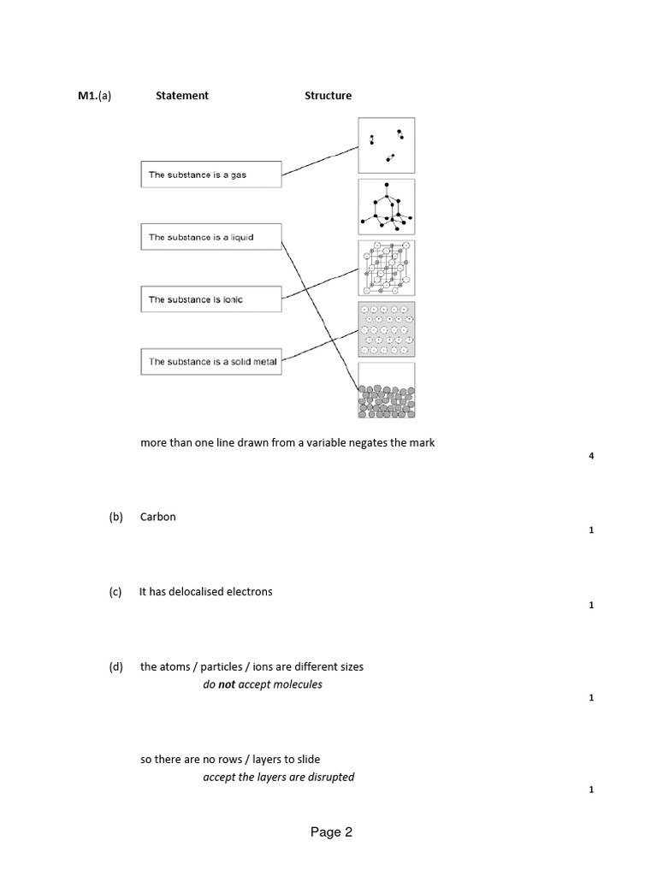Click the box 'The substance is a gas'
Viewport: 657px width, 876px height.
(x=210, y=175)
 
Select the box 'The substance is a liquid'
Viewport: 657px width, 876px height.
(x=210, y=237)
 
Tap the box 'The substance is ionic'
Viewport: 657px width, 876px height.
(x=210, y=299)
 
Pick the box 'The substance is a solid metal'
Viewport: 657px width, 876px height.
(x=210, y=362)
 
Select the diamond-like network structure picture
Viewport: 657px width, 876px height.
(x=387, y=206)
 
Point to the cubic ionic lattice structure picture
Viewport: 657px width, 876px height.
(x=387, y=268)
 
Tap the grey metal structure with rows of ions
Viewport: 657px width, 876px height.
(x=387, y=328)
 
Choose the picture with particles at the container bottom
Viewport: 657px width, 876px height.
(x=387, y=391)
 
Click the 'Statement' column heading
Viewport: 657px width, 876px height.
(x=181, y=96)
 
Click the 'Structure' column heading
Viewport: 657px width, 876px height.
(x=328, y=96)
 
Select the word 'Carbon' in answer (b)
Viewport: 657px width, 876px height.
(x=158, y=517)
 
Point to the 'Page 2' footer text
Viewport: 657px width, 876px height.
(x=331, y=832)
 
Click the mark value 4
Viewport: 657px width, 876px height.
(x=591, y=456)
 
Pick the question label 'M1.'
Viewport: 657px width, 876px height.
(x=87, y=96)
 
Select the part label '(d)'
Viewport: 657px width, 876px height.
(x=116, y=667)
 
